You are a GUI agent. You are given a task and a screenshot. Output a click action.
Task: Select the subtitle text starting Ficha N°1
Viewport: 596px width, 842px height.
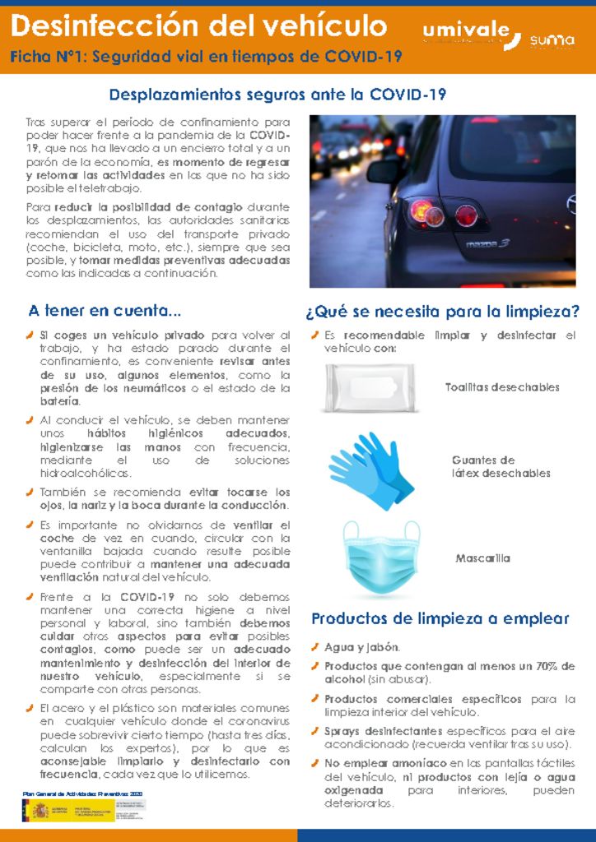coord(206,57)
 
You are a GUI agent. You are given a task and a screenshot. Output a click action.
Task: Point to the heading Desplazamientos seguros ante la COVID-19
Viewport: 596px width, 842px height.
coord(277,95)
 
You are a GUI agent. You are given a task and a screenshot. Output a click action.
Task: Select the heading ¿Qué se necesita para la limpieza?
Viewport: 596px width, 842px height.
coord(442,312)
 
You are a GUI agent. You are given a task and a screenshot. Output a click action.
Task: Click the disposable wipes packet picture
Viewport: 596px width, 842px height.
coord(372,387)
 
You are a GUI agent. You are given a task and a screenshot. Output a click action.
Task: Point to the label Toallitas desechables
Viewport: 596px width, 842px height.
coord(502,387)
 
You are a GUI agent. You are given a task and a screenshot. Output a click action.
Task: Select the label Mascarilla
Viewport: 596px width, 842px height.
coord(483,558)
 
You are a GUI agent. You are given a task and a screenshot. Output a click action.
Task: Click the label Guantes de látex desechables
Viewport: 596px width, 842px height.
coord(501,466)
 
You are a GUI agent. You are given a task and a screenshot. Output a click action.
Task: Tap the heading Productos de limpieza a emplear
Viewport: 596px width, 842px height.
coord(440,618)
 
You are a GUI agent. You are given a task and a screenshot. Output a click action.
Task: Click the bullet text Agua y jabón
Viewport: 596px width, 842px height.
coord(362,647)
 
